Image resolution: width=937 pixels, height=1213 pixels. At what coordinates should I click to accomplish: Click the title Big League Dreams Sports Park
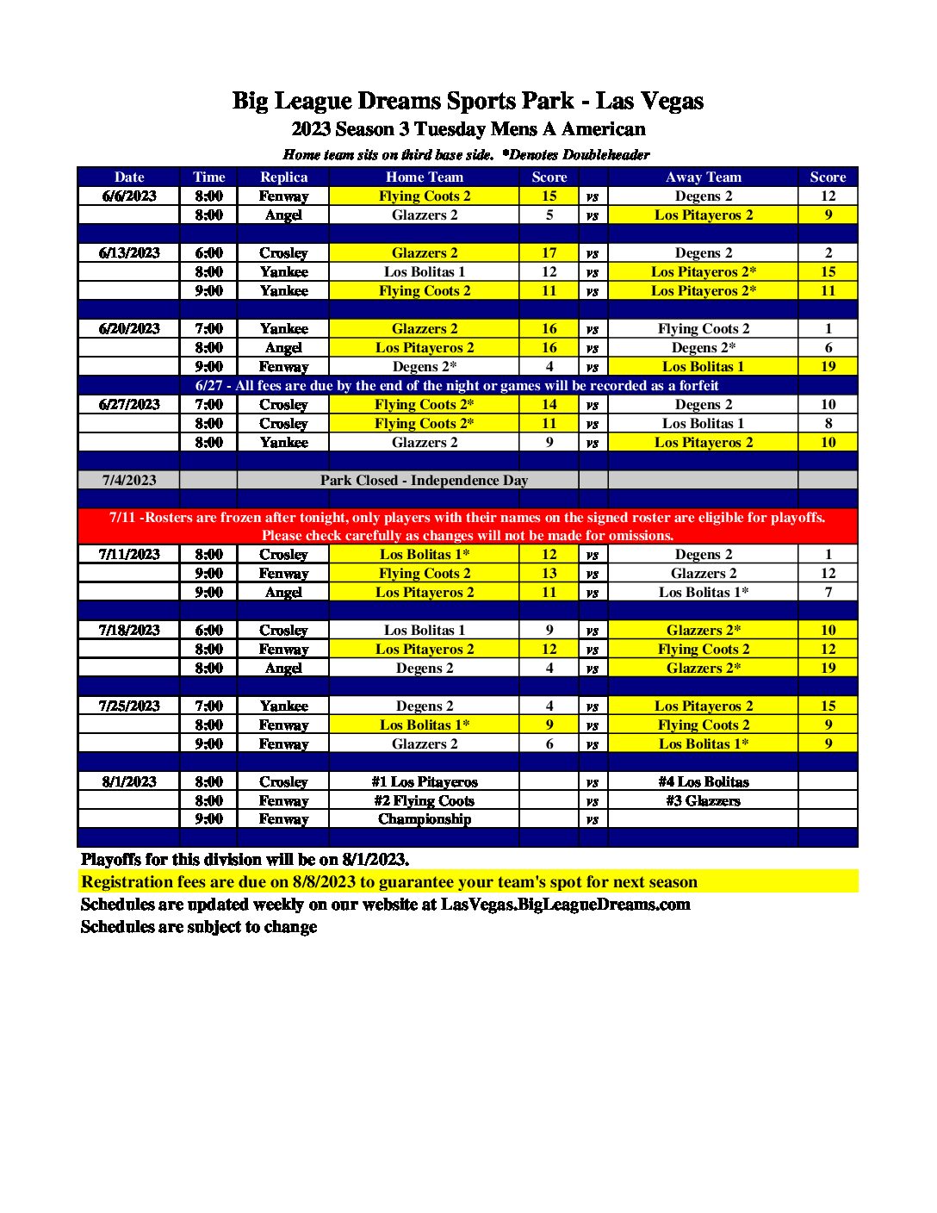tap(468, 101)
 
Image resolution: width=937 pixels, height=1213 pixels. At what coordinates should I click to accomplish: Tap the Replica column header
tap(283, 177)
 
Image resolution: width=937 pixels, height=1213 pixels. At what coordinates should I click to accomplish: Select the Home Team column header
tap(424, 177)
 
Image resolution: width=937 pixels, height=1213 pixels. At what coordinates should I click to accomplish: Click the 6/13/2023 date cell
tap(129, 252)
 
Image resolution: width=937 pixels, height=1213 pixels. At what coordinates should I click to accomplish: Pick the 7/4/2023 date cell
tap(129, 480)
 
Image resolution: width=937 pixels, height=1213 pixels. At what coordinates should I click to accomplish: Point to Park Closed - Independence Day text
tap(424, 480)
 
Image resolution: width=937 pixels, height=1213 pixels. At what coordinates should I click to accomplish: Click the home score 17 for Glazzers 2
tap(549, 252)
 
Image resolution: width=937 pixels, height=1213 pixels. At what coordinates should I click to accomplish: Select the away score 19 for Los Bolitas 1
tap(828, 366)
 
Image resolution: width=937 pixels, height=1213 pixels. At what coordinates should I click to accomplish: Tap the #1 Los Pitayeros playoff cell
tap(424, 781)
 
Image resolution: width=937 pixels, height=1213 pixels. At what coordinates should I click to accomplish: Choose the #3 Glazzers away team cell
tap(703, 800)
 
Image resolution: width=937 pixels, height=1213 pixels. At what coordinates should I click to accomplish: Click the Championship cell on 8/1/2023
tap(424, 818)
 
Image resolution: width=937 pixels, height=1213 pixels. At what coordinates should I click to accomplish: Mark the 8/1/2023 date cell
tap(129, 781)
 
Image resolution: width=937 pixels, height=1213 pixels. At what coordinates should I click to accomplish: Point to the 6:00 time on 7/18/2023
tap(208, 630)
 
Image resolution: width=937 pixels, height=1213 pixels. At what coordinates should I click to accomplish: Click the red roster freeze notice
tap(468, 526)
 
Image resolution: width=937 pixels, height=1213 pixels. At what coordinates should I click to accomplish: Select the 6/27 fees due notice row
tap(456, 385)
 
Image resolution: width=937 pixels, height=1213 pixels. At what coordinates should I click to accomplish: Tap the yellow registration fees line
tap(389, 881)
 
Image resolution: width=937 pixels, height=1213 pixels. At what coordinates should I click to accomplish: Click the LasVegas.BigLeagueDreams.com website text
tap(565, 904)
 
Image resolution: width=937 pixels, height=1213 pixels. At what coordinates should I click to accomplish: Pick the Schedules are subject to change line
tap(199, 926)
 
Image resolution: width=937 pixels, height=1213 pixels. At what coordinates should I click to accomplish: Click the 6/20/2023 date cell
tap(129, 328)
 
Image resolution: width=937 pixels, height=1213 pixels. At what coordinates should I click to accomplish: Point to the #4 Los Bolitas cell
tap(703, 781)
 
